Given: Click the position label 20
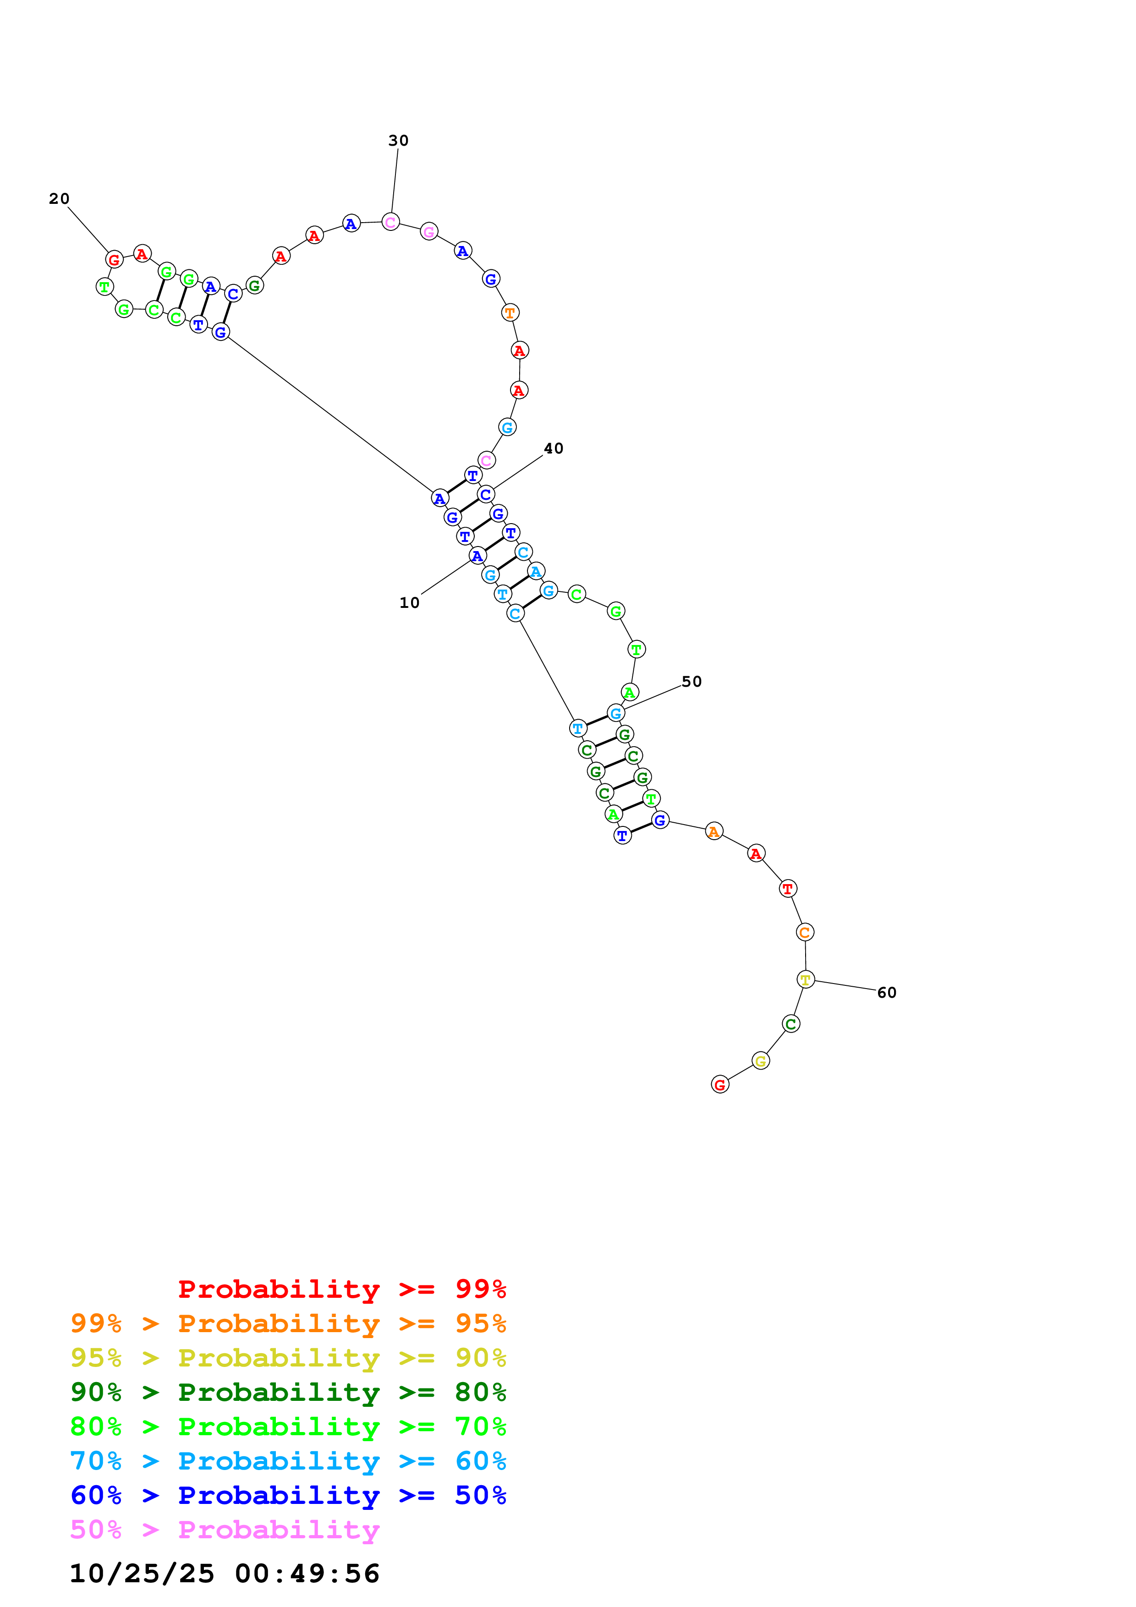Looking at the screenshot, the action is coord(59,199).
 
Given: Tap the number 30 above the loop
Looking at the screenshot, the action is coord(398,141).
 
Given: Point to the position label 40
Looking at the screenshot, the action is coord(553,448).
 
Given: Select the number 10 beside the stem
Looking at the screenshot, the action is coord(410,603).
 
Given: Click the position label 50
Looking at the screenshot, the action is coord(691,682).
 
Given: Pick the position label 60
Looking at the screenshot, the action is coord(886,993).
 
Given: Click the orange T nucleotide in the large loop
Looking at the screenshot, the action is coord(510,313).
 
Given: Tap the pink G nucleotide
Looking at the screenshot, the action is coord(429,232).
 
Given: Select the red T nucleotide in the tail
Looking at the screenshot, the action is coord(787,889).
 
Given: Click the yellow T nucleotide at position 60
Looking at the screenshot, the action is coord(806,980).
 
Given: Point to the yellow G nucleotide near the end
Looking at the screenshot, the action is coord(761,1061).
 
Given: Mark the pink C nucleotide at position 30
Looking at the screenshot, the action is coord(390,223).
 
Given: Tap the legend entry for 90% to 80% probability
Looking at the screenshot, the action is coord(288,1392).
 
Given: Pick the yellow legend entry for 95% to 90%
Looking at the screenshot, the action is coord(288,1358).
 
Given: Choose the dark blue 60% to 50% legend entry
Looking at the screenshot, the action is coord(288,1495).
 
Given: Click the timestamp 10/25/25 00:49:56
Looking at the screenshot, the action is coord(224,1574).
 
